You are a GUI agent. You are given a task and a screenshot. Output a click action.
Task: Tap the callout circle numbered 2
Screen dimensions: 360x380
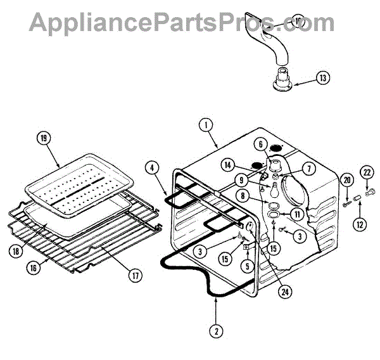pyautogui.click(x=217, y=330)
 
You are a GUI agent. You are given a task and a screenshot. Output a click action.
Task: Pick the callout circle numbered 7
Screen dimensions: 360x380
pyautogui.click(x=291, y=169)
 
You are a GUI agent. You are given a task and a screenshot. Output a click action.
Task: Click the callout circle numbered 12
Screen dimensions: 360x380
pyautogui.click(x=360, y=223)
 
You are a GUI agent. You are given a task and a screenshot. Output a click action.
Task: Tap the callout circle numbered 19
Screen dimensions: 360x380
pyautogui.click(x=44, y=138)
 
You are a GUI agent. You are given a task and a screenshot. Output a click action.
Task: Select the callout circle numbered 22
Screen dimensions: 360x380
pyautogui.click(x=367, y=171)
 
